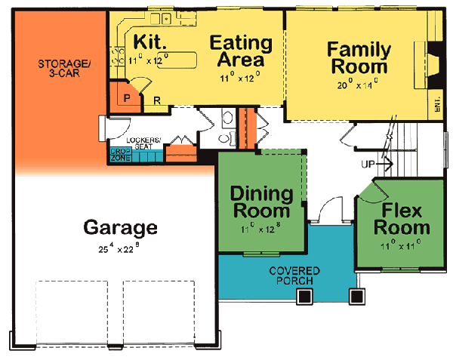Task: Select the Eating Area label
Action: pyautogui.click(x=237, y=50)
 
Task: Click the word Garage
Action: pyautogui.click(x=121, y=226)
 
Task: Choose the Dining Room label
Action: pyautogui.click(x=261, y=200)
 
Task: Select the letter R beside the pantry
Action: pyautogui.click(x=156, y=100)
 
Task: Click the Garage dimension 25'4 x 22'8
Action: pyautogui.click(x=121, y=246)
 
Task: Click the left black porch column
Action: pyautogui.click(x=304, y=297)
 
